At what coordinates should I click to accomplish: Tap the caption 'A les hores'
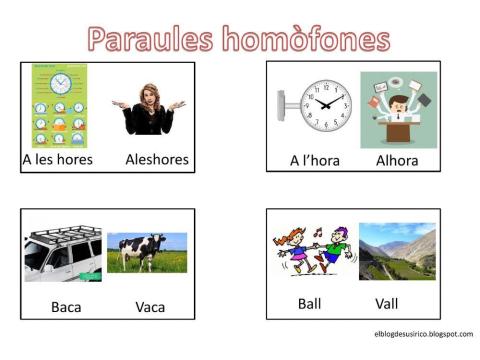pos(58,159)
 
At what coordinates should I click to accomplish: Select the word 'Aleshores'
pos(157,159)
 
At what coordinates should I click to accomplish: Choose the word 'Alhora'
pos(397,160)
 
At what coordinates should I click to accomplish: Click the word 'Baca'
pos(66,306)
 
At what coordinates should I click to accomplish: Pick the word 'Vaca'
pos(150,306)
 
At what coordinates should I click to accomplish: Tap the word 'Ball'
pos(310,303)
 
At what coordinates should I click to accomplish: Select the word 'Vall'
pos(387,303)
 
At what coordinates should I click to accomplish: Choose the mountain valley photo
pos(397,251)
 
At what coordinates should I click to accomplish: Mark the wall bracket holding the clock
pos(287,103)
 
